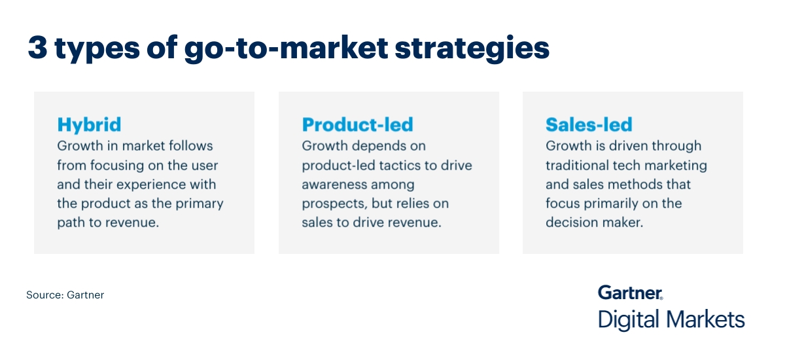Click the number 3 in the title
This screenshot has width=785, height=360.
point(38,49)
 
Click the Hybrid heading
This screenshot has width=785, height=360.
point(89,124)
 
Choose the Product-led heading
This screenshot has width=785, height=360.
point(357,124)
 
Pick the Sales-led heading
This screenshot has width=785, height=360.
point(589,124)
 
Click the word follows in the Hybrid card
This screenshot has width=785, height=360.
point(191,145)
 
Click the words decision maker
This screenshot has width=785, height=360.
point(594,223)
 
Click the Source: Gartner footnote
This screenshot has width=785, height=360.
point(65,295)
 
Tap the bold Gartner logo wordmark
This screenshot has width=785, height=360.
point(630,292)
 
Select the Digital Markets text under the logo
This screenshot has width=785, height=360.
point(671,320)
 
